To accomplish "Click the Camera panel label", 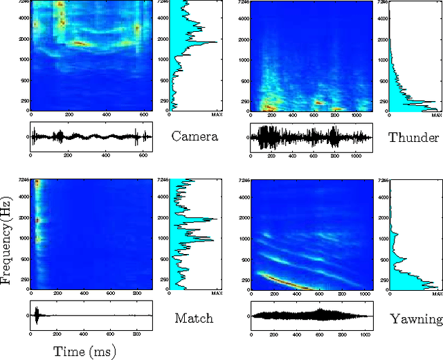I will tap(195, 136).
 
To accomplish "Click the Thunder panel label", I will tap(413, 136).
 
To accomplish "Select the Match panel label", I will tap(194, 318).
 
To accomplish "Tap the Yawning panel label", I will tap(416, 318).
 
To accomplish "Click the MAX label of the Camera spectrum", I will tap(216, 115).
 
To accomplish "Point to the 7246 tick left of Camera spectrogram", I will tap(25, 2).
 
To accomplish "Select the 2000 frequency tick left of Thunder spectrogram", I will tap(244, 40).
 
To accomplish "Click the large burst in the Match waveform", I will tap(37, 315).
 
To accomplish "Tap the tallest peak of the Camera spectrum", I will tap(215, 42).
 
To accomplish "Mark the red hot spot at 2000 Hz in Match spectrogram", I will tap(38, 220).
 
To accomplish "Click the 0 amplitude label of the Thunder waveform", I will tap(246, 136).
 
